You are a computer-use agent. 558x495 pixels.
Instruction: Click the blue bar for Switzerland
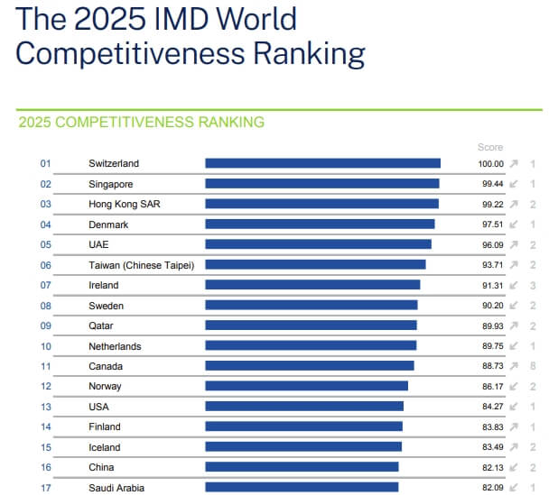322,163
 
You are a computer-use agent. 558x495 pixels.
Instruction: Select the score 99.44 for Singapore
491,184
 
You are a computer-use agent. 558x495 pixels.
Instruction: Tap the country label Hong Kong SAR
125,204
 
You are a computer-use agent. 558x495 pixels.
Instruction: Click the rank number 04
46,225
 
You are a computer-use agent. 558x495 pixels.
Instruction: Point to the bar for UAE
318,244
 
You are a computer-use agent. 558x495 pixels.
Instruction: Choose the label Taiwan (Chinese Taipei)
142,265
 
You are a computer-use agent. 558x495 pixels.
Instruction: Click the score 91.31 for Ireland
491,285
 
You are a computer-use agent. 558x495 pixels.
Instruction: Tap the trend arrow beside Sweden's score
514,306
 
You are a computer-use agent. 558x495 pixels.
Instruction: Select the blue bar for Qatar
311,325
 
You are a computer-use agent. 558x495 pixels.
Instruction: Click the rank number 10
46,346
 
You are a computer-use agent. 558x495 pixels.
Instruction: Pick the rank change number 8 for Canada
534,366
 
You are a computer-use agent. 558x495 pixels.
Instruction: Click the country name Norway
105,387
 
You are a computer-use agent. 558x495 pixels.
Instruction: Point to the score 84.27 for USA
491,407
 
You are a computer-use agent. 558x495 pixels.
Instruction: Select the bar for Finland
303,426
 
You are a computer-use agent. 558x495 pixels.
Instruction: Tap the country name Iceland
104,447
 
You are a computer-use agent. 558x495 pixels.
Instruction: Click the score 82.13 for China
491,467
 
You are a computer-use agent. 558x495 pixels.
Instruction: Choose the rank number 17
46,488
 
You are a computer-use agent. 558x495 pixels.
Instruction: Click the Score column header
490,147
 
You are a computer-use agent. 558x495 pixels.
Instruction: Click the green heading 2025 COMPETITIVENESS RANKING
141,122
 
